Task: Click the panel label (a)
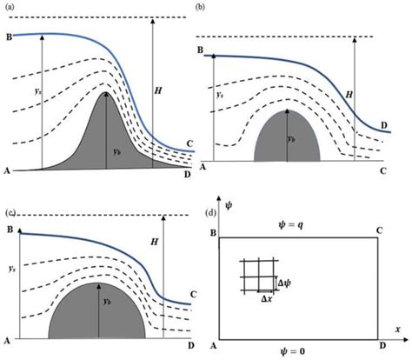click(x=10, y=6)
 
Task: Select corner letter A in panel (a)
click(x=9, y=170)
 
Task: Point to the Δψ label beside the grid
click(x=284, y=283)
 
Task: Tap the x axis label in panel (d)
click(x=396, y=330)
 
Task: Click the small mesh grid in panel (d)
click(x=257, y=275)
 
